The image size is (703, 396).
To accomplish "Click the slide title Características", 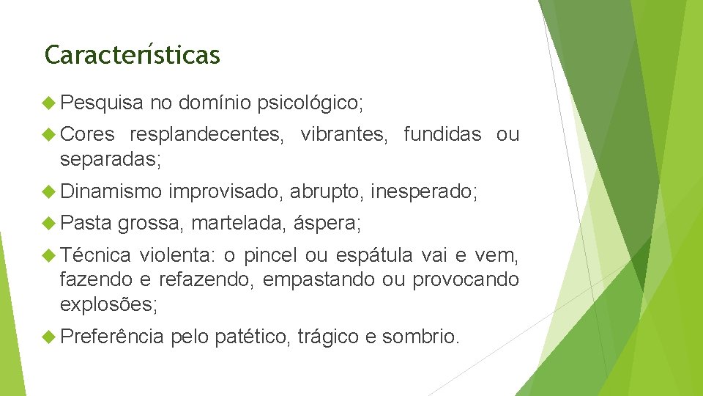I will click(x=132, y=55).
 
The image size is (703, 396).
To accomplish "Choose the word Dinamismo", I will click(x=111, y=192).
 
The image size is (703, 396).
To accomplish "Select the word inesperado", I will click(x=423, y=192).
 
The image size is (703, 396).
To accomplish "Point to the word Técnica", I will click(x=96, y=255).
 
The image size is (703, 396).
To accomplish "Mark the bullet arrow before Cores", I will click(x=50, y=134).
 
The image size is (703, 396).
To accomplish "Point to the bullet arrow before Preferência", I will click(x=50, y=337).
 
